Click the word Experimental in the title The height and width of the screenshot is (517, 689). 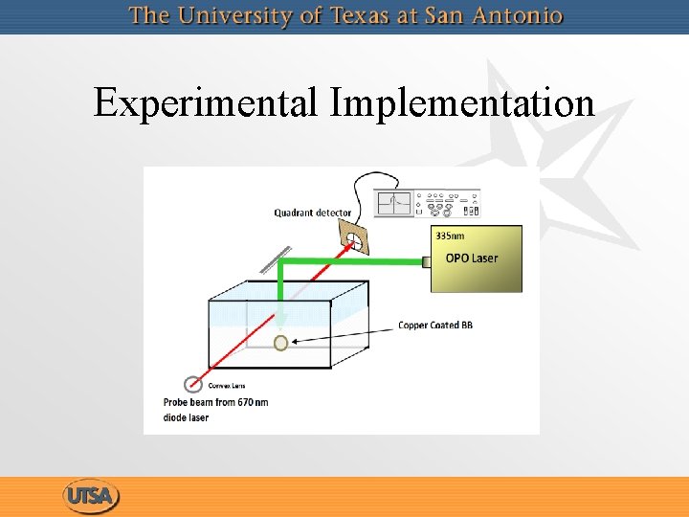207,103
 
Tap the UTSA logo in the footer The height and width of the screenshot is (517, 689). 92,497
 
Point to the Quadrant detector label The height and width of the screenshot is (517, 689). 312,213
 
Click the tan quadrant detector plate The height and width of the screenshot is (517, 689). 355,239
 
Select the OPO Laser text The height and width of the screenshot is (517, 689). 472,258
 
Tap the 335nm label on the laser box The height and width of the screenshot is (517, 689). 449,235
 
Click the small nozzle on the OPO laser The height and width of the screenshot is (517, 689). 426,259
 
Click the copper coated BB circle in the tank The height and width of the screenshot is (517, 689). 281,342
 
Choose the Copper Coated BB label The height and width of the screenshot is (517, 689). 435,326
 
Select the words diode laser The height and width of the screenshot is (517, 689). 186,417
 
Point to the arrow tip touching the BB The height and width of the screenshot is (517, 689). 292,340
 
